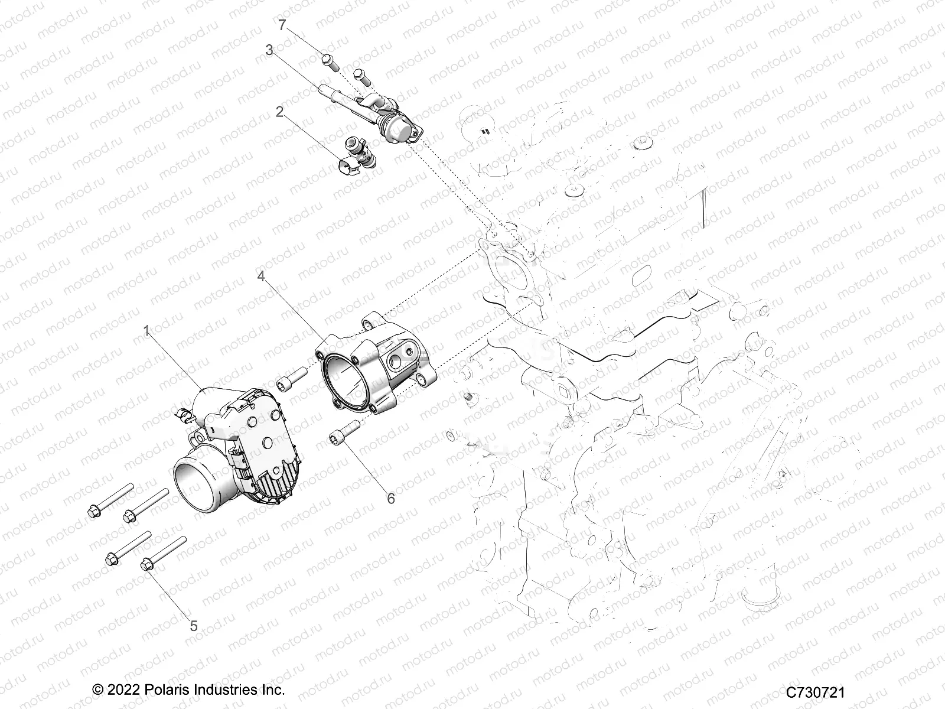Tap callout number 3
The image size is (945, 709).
pos(269,51)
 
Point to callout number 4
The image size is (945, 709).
pos(261,276)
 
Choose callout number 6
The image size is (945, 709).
pos(390,498)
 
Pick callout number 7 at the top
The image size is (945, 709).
pos(282,25)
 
